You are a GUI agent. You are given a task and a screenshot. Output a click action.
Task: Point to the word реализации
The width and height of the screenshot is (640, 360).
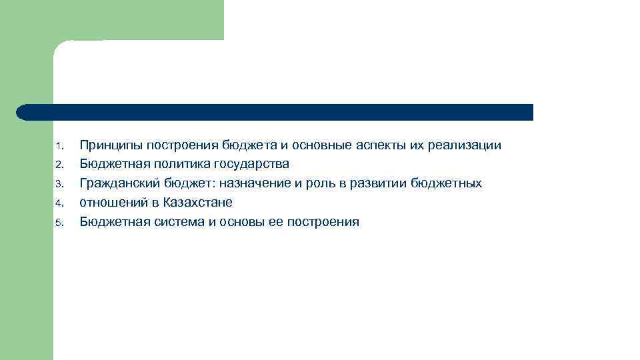pos(467,145)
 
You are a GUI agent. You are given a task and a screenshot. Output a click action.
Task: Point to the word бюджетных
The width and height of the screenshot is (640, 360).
pos(446,183)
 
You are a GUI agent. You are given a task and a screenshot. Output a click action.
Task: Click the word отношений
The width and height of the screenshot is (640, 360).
pos(110,203)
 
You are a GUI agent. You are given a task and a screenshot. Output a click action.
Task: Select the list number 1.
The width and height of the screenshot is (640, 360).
pos(59,146)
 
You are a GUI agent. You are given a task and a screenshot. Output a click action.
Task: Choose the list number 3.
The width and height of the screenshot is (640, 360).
pos(59,184)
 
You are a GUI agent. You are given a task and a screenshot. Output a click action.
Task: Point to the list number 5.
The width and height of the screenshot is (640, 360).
pos(59,223)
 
